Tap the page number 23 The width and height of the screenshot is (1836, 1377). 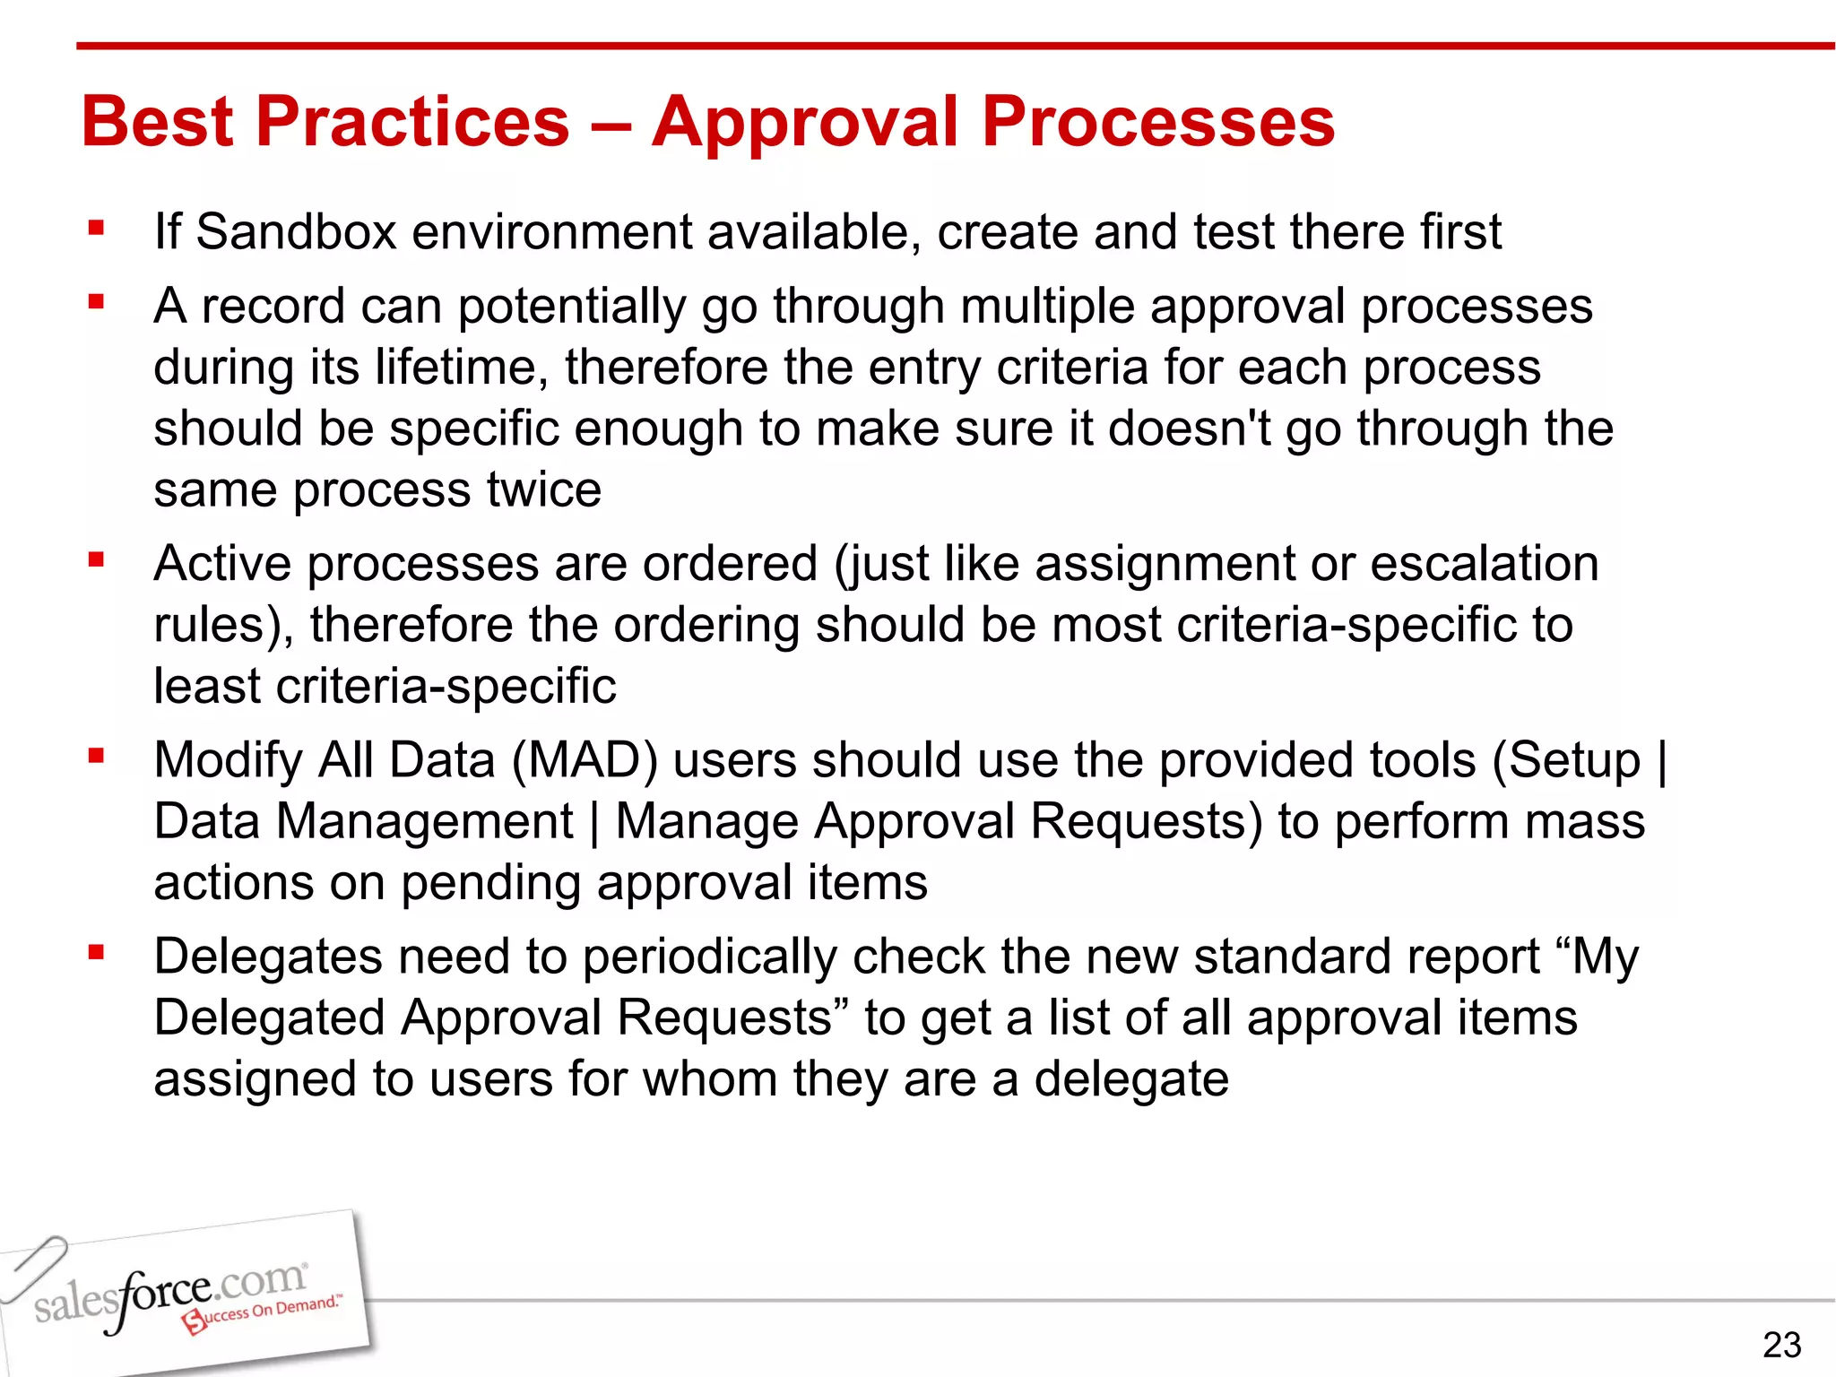point(1781,1345)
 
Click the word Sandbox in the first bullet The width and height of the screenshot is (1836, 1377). point(296,231)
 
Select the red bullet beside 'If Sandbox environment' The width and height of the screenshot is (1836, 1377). point(97,229)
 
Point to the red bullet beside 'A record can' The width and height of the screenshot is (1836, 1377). point(97,303)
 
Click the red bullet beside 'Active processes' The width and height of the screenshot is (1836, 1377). point(97,560)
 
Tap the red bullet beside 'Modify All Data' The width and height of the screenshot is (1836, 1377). point(97,757)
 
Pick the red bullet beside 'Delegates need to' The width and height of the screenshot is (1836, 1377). point(97,953)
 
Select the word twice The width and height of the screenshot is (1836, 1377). point(543,489)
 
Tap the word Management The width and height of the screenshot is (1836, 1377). point(424,822)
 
